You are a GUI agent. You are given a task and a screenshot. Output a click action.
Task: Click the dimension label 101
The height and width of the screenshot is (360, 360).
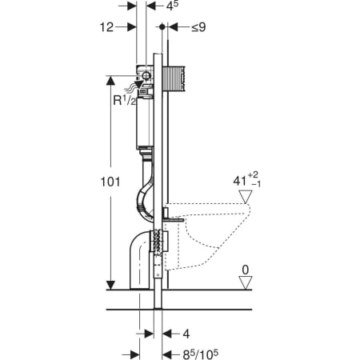coord(110,182)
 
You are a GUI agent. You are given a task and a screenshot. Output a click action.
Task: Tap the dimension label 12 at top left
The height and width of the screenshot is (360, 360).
coord(106,27)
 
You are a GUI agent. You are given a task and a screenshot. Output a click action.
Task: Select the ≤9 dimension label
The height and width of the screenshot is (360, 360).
coord(198,27)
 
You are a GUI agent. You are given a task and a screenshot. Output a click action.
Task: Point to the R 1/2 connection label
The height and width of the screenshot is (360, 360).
coord(125,101)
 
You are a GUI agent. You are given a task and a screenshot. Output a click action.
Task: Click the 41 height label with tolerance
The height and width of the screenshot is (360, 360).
coord(246,180)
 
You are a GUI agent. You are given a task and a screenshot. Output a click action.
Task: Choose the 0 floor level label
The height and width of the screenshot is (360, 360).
coord(245,270)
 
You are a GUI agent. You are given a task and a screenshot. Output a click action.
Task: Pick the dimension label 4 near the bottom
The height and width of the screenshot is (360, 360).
coord(186,334)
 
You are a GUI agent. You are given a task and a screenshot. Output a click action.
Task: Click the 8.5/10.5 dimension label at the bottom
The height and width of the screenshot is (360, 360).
coord(200,354)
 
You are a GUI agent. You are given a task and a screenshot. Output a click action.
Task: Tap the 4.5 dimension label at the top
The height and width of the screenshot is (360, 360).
coord(173,6)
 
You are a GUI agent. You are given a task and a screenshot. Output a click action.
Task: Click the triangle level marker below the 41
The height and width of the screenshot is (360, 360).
coord(246,197)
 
